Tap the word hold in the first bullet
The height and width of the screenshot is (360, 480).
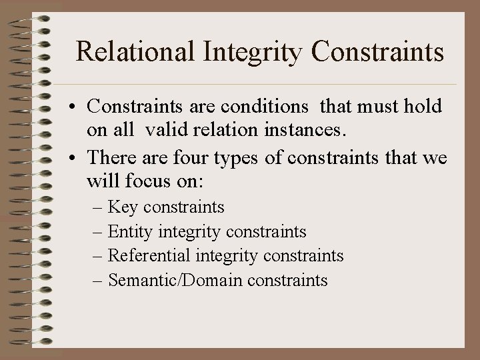(424, 107)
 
